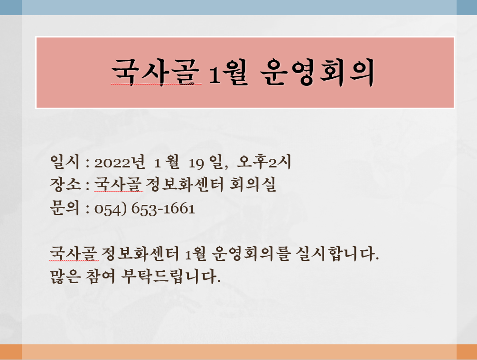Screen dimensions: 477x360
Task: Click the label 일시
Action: click(x=65, y=161)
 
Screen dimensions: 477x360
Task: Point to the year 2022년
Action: click(x=120, y=162)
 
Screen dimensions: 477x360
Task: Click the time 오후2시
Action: click(x=264, y=161)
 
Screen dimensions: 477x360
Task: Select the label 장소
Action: click(x=65, y=185)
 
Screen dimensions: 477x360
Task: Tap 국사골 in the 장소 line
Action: click(x=118, y=184)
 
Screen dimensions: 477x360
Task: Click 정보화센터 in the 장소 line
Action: click(x=185, y=184)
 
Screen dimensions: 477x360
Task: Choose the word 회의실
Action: click(x=253, y=184)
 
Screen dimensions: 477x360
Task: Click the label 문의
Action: click(x=65, y=208)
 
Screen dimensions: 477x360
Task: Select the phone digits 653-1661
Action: click(x=163, y=209)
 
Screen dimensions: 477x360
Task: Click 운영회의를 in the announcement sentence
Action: click(x=250, y=253)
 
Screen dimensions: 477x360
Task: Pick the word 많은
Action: click(x=65, y=276)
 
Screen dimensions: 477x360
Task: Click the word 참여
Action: click(x=101, y=276)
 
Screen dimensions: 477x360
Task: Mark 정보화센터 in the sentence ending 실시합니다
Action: click(x=140, y=253)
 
